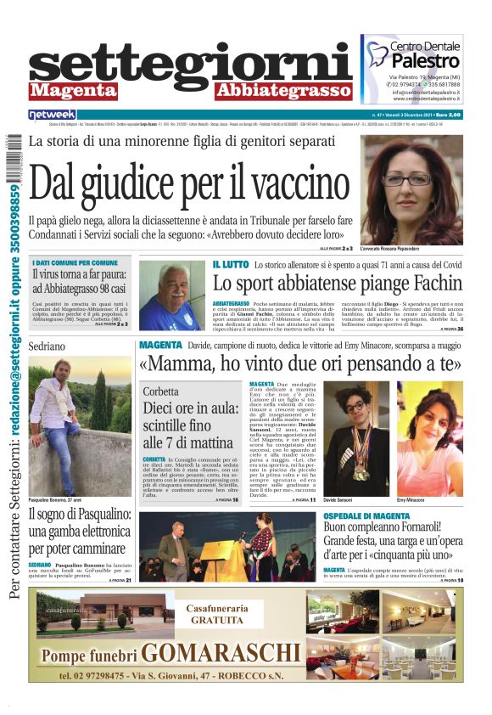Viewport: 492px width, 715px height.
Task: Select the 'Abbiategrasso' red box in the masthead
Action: [x=282, y=91]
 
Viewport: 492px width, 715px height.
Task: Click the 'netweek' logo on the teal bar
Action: [x=52, y=114]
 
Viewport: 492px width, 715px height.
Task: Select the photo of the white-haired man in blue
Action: [x=171, y=295]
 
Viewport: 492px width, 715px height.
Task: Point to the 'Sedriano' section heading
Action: [x=47, y=347]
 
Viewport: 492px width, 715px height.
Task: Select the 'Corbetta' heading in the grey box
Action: [x=160, y=392]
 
